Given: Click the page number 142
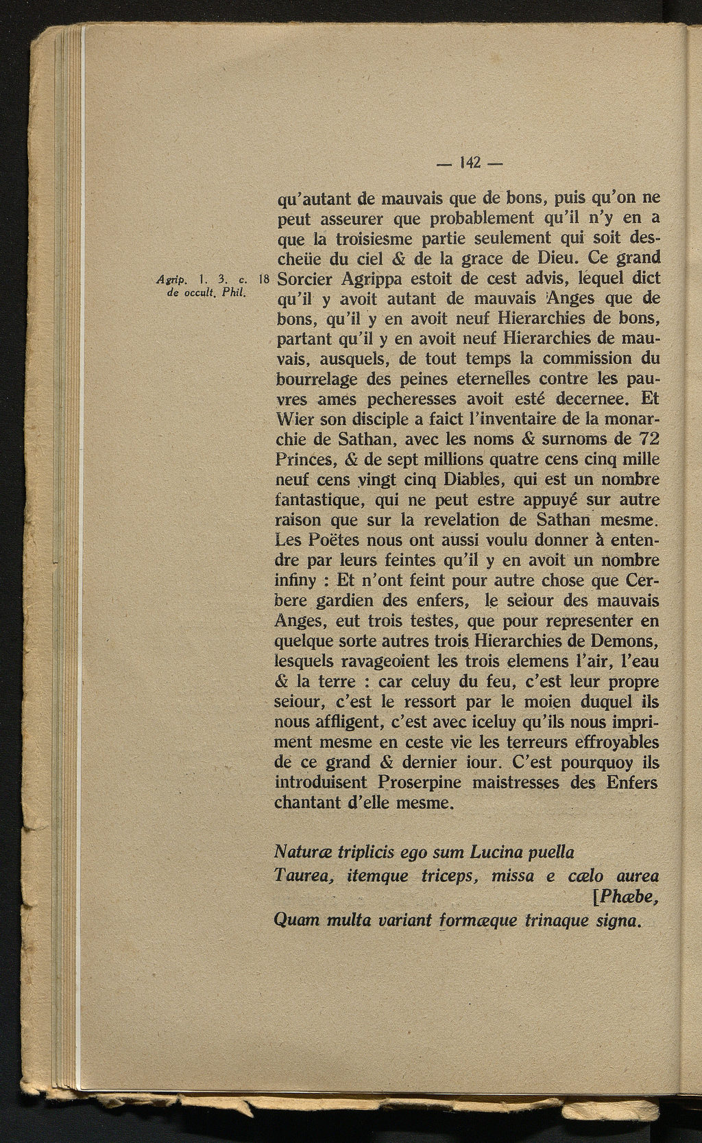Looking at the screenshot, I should pos(470,163).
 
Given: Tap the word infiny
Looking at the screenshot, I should pos(296,580).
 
